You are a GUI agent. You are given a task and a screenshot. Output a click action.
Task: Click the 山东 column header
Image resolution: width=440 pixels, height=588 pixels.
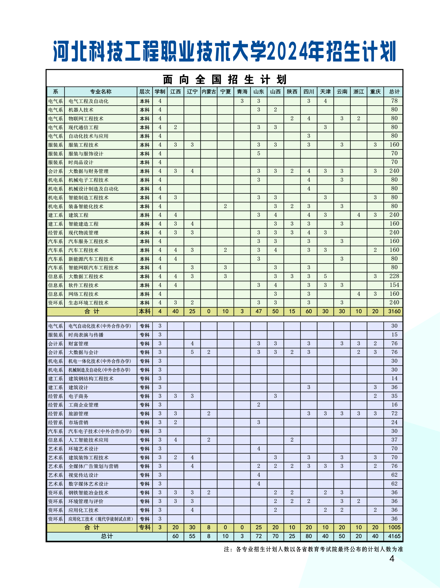[258, 92]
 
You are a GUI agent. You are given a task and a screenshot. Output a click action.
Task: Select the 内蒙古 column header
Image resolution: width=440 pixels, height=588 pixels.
[209, 92]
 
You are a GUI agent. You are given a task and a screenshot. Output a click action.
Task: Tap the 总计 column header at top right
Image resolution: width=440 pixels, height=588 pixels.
[394, 92]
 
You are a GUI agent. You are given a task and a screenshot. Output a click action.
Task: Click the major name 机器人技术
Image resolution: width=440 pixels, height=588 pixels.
[81, 110]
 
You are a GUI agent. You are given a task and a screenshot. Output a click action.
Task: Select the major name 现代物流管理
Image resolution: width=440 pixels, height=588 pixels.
[83, 233]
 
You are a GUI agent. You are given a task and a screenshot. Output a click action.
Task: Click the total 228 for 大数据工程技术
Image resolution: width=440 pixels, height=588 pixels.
[394, 276]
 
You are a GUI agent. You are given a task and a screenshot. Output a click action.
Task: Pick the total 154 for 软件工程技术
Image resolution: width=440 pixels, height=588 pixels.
[394, 285]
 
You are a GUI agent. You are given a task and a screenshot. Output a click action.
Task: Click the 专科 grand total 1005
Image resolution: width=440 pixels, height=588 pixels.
[394, 527]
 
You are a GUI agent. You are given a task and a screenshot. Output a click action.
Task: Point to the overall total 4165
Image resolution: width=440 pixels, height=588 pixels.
[394, 536]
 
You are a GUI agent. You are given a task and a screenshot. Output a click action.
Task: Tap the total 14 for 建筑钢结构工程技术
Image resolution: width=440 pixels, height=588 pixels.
[394, 378]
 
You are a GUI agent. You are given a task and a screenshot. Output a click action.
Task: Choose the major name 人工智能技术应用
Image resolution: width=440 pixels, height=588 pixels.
[88, 440]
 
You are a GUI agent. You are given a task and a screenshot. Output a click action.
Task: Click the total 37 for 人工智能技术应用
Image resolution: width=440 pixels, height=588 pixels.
[394, 440]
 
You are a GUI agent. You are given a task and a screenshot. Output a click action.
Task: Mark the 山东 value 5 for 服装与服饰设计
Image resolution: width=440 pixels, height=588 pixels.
[258, 153]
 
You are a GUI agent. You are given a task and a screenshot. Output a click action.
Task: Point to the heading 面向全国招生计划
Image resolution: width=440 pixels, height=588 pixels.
[224, 79]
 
